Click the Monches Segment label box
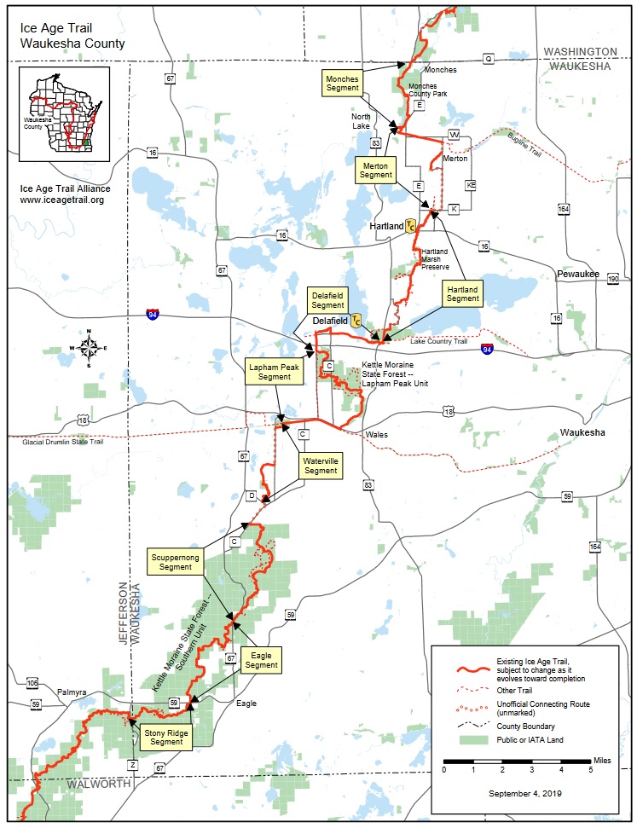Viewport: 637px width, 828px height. coord(343,83)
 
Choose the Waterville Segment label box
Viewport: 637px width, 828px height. coord(321,466)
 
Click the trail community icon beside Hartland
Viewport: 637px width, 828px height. coord(411,226)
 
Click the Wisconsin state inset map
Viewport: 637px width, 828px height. coord(64,115)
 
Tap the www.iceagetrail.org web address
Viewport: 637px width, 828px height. coord(62,200)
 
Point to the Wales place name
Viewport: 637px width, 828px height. coord(376,435)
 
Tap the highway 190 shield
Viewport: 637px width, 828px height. coord(613,280)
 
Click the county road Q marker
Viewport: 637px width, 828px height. coord(489,59)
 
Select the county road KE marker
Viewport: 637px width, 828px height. coord(470,185)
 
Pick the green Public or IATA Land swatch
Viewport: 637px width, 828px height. coord(463,740)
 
